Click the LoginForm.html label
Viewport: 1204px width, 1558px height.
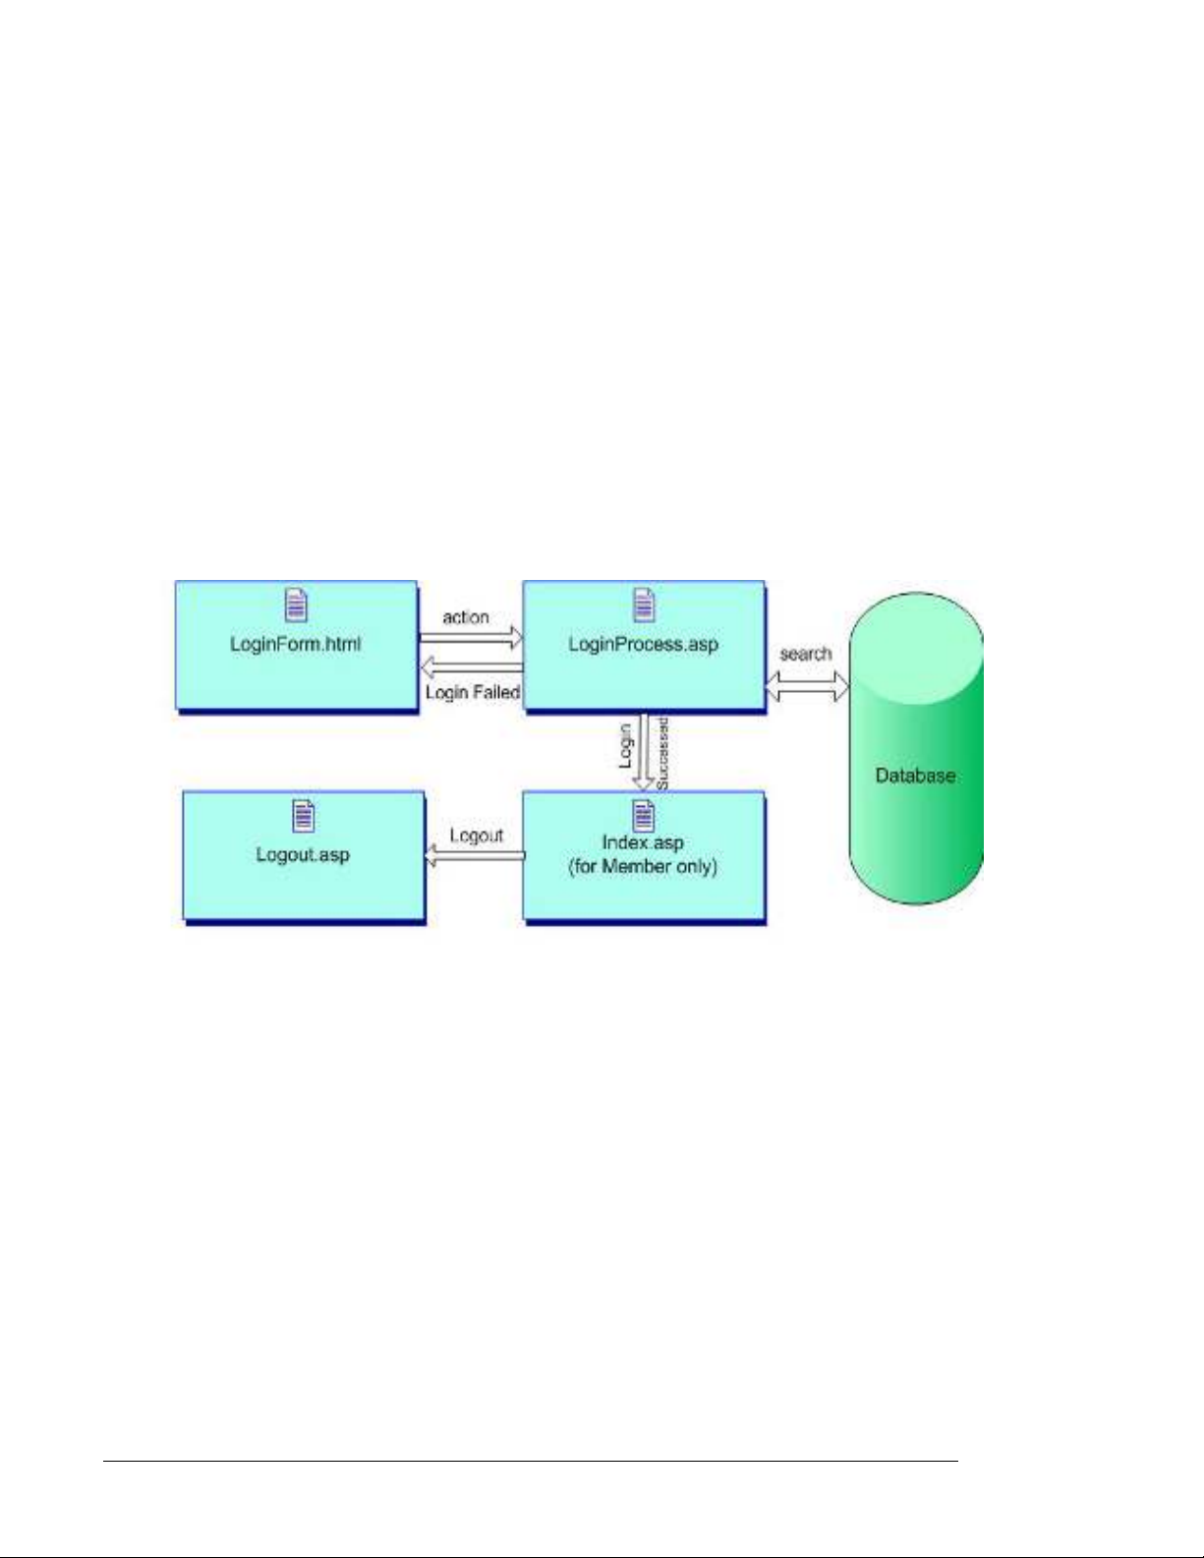point(295,644)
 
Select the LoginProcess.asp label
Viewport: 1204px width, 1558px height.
point(643,644)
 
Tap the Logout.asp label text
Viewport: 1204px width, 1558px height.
point(303,854)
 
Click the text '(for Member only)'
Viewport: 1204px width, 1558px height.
point(643,866)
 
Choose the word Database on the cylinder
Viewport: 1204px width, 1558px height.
point(915,775)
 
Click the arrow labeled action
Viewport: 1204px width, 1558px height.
point(471,636)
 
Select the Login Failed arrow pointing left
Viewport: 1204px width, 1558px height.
point(471,666)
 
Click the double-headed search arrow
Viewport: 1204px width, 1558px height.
point(807,687)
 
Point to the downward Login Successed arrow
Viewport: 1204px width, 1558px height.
point(645,753)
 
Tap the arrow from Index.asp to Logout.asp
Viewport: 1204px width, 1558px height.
point(475,855)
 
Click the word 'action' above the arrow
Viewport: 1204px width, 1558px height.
point(466,617)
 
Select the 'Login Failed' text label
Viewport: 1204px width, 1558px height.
point(473,693)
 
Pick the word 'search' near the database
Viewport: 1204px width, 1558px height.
point(806,654)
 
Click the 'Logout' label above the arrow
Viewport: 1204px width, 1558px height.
point(477,836)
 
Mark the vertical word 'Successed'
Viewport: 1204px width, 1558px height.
point(662,754)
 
